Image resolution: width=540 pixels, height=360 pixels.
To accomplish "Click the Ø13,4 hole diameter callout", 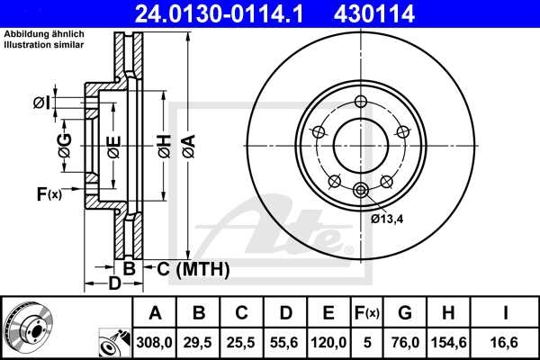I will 388,216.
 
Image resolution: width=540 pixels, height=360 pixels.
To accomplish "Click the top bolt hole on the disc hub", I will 361,101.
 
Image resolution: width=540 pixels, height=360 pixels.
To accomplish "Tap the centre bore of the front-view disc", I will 361,144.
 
